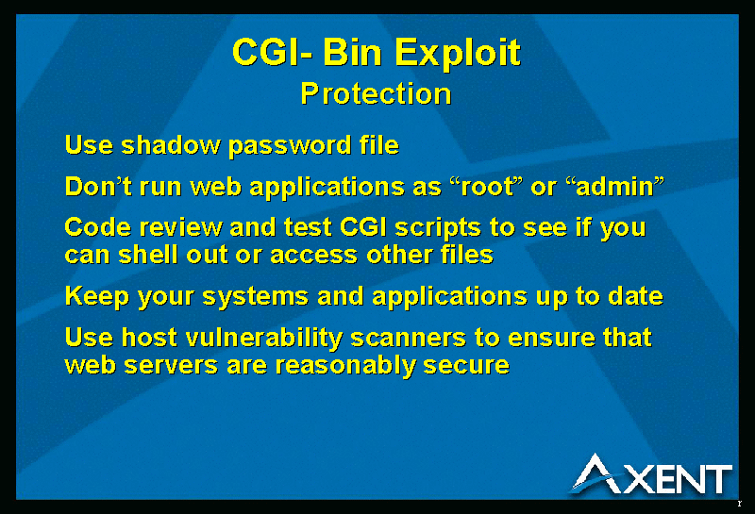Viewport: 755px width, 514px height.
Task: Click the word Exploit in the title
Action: coord(458,53)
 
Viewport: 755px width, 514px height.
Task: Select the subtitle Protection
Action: coord(376,93)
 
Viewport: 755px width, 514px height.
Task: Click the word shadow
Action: coord(171,145)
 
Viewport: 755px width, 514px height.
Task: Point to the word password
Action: coord(290,146)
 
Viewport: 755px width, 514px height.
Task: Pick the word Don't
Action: coord(98,186)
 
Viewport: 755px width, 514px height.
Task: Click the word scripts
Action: coord(438,228)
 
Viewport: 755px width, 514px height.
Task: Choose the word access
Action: coord(313,256)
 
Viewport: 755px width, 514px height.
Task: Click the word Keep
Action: coord(97,297)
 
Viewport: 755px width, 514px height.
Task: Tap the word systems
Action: coord(255,297)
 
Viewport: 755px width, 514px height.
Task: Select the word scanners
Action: coord(409,339)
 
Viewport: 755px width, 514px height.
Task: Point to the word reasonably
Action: coord(344,366)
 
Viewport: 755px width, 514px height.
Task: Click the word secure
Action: coord(466,366)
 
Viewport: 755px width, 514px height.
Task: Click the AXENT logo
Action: coord(651,474)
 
